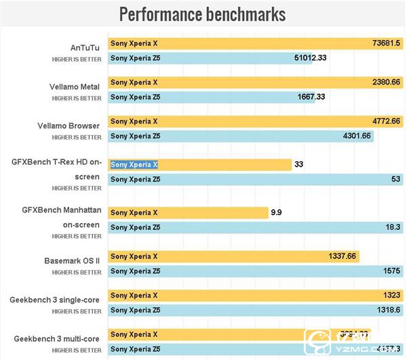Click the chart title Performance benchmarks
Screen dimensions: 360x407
[202, 14]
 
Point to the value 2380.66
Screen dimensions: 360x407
[386, 83]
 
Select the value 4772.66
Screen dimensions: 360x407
[386, 121]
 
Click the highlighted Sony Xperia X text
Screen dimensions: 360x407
[134, 165]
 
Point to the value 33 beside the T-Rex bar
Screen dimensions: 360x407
[298, 165]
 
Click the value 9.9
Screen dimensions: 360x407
[276, 213]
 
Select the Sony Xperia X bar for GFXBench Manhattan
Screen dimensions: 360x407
[189, 213]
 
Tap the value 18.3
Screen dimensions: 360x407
[392, 228]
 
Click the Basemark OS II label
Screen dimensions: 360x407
[71, 260]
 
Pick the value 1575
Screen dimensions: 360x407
[389, 271]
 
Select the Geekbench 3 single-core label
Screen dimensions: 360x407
[56, 299]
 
